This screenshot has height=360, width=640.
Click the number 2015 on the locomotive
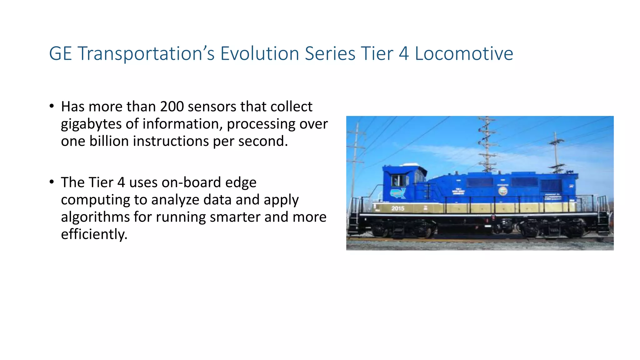click(398, 208)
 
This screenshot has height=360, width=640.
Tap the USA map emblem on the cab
click(398, 193)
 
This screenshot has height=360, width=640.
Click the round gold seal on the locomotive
click(503, 191)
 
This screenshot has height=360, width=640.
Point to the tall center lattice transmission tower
click(487, 144)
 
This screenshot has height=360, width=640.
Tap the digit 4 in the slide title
click(404, 53)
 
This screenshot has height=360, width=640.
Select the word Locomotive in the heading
click(464, 53)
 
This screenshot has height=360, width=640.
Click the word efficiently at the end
click(94, 234)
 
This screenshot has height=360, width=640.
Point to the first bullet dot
click(52, 106)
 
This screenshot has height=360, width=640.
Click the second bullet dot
click(52, 182)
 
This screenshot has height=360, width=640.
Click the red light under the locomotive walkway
click(493, 217)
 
